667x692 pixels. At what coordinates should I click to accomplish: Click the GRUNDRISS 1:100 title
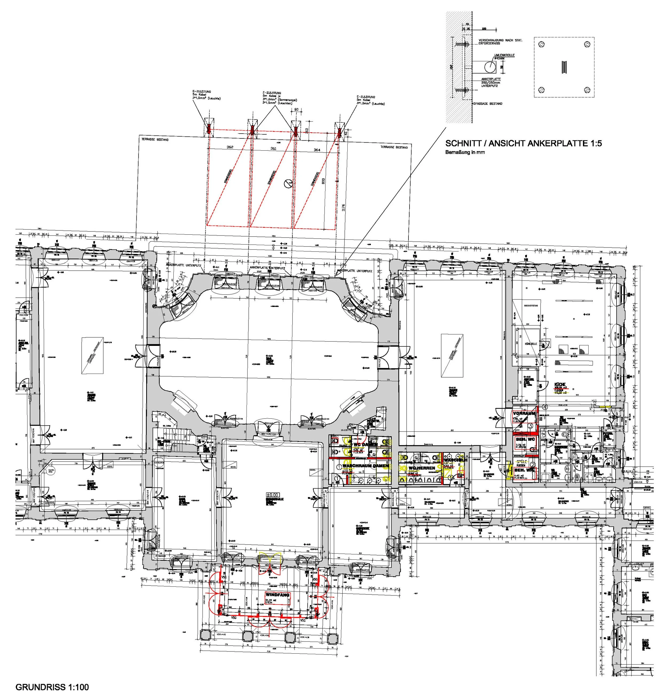point(52,687)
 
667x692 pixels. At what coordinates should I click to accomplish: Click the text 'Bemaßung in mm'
point(465,153)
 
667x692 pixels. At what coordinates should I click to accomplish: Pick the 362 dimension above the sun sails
point(230,147)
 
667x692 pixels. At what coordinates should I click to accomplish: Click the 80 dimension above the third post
point(296,109)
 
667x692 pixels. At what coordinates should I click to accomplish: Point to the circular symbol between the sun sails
point(288,183)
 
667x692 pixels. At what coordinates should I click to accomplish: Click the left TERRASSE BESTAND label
point(155,140)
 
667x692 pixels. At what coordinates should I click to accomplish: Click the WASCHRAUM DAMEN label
point(366,466)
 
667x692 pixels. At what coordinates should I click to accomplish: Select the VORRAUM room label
point(524,413)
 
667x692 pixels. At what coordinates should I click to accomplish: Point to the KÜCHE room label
point(560,385)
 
